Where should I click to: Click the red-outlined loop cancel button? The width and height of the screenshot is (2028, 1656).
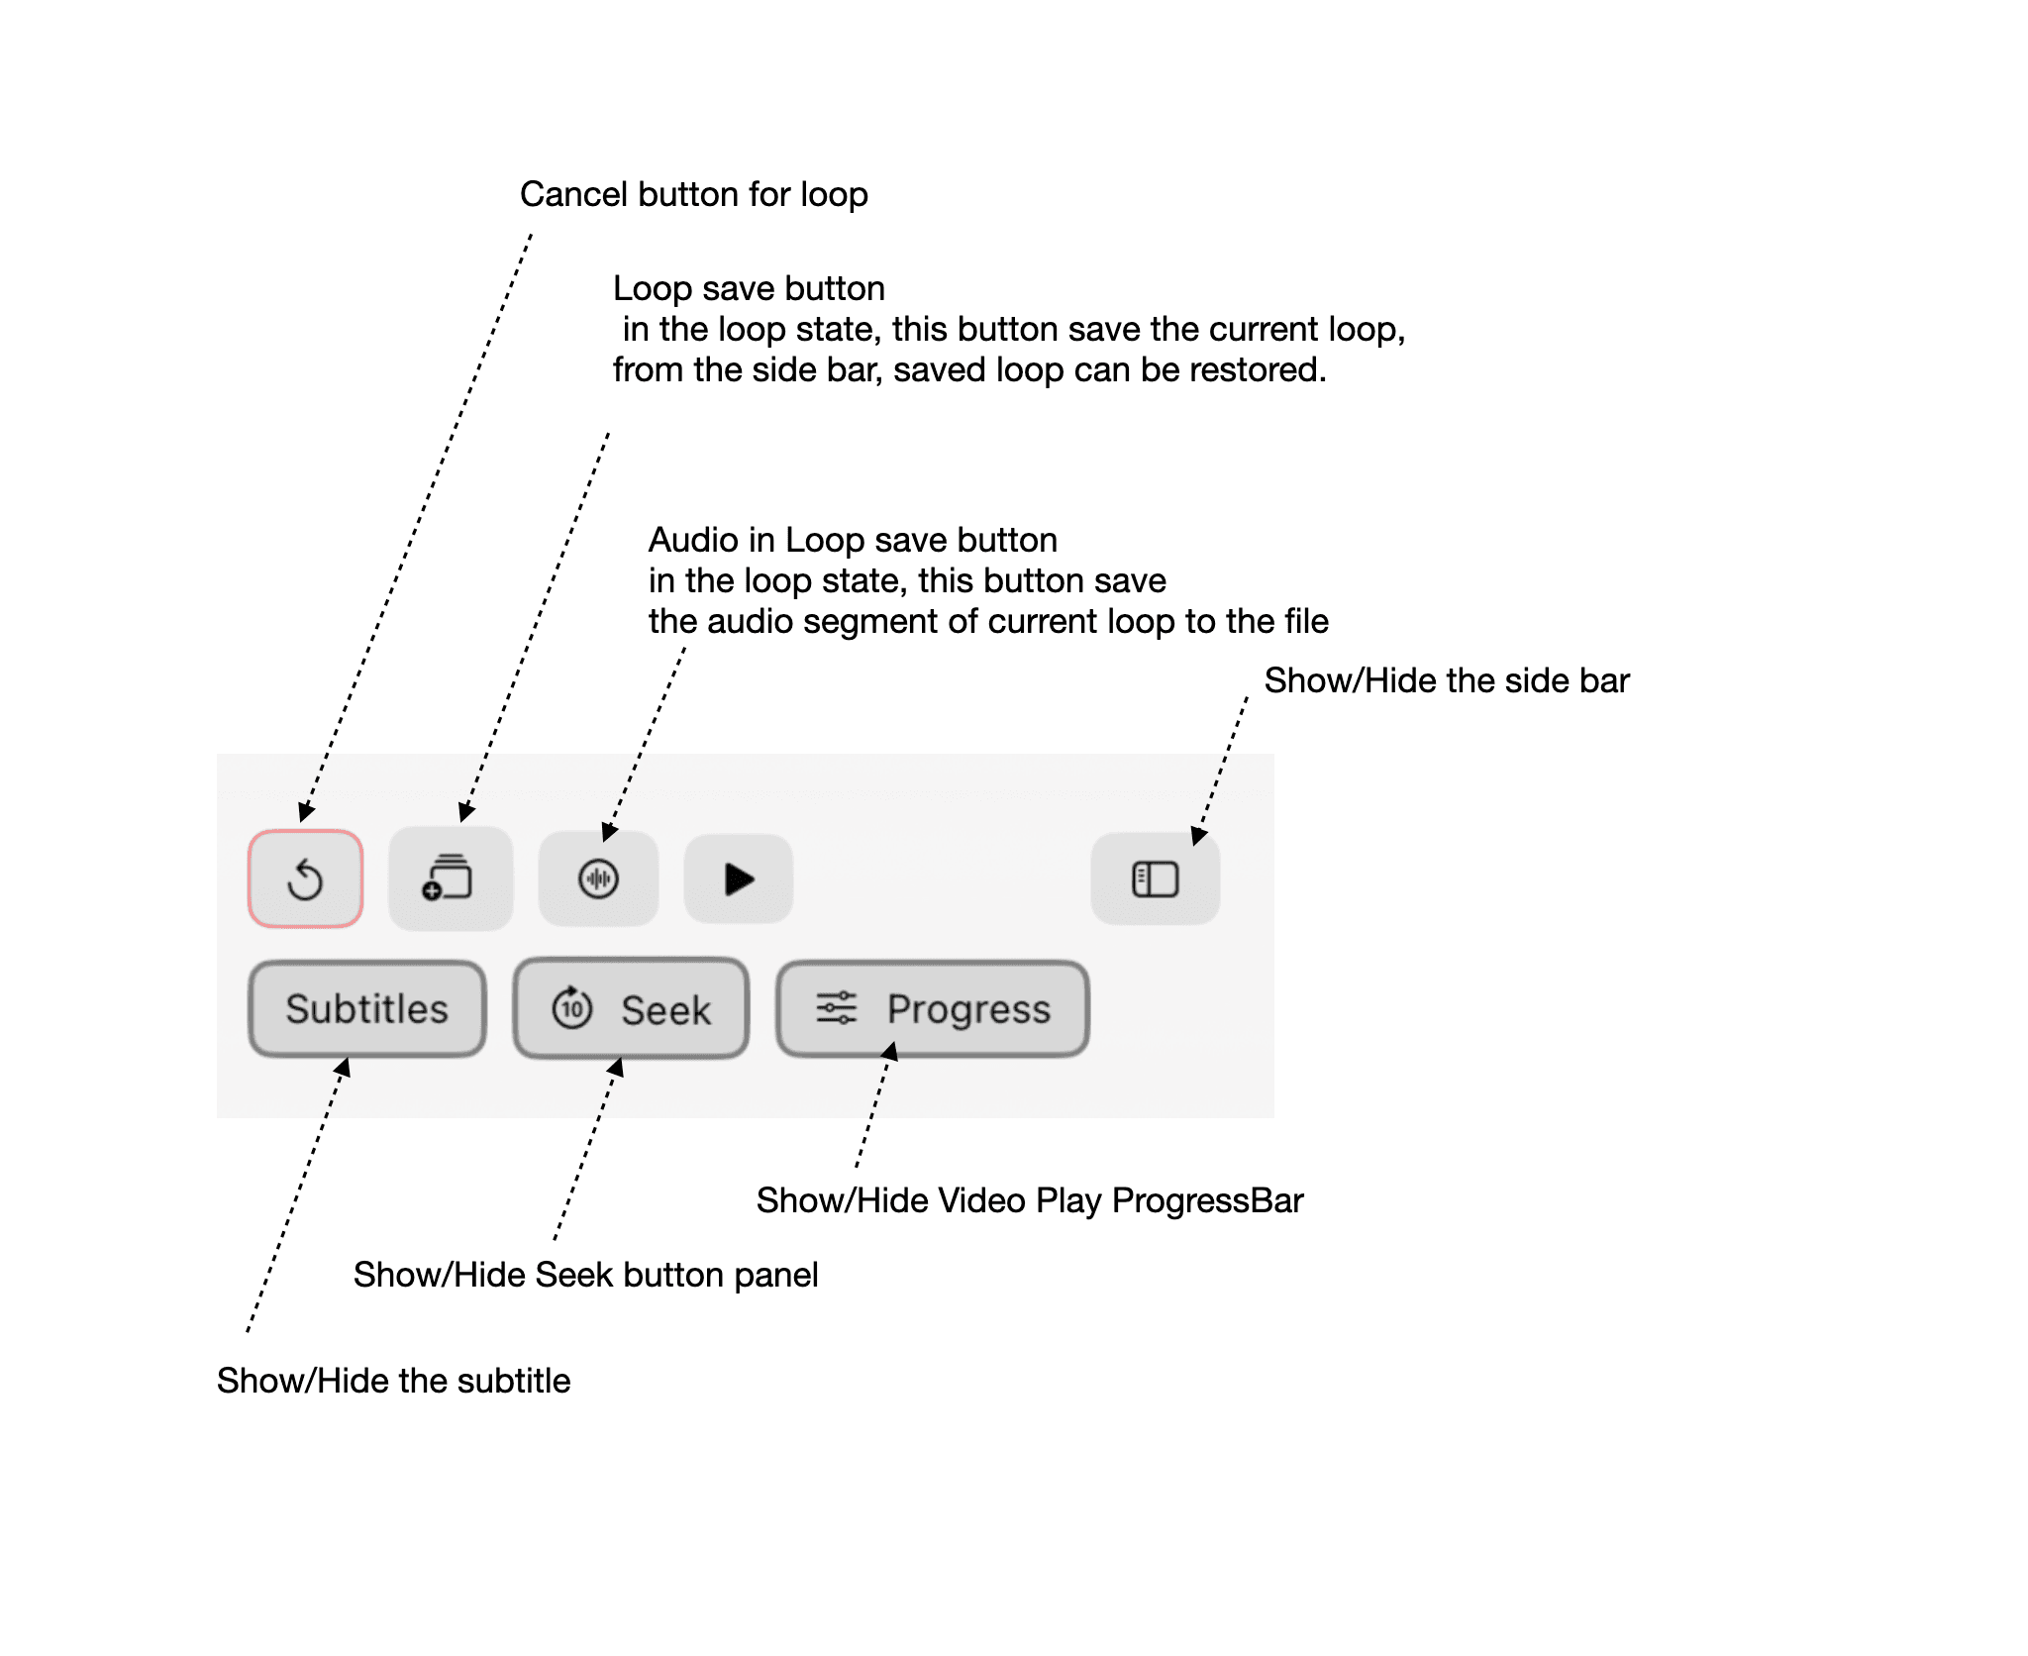tap(305, 879)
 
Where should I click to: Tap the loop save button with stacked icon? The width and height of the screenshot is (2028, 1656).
tap(450, 879)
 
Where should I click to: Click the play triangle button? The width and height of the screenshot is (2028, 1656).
tap(738, 879)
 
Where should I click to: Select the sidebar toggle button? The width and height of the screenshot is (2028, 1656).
tap(1155, 879)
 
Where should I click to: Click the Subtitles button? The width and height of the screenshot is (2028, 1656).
tap(366, 1009)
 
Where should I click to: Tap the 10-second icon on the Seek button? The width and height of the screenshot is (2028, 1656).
tap(572, 1008)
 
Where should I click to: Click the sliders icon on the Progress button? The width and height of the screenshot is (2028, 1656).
tap(836, 1008)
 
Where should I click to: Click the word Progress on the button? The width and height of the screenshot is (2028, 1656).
tap(967, 1009)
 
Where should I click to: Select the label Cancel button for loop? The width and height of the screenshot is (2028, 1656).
tap(693, 194)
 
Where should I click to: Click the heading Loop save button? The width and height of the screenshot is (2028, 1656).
tap(749, 288)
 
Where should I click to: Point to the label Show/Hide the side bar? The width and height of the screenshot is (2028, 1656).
tap(1446, 680)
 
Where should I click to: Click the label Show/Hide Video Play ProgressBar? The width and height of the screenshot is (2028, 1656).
tap(1029, 1200)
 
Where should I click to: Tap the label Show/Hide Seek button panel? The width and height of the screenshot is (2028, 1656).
tap(585, 1275)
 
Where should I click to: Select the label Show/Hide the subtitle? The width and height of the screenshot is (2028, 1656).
tap(393, 1381)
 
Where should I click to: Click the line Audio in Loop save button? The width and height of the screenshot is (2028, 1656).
tap(853, 540)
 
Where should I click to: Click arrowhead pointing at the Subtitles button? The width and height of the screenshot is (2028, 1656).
tap(343, 1067)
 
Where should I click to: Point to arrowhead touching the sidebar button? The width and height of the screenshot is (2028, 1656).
tap(1198, 836)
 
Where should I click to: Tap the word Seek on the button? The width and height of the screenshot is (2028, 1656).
tap(665, 1010)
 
